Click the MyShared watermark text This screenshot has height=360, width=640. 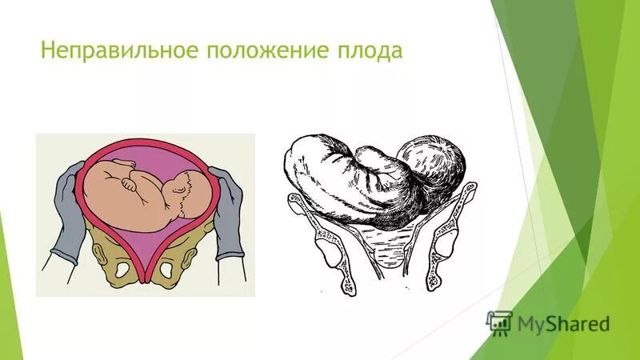[x=563, y=324]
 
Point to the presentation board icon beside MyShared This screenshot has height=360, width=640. [x=499, y=322]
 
